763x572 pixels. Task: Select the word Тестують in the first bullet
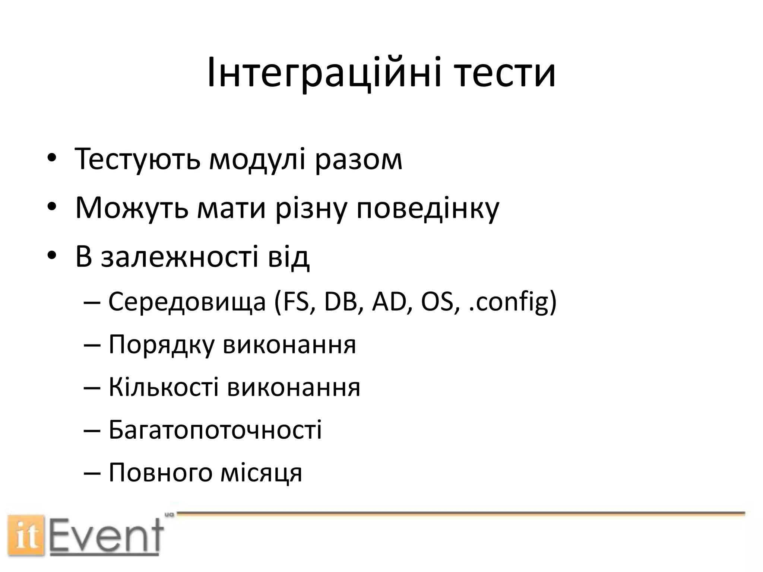(137, 159)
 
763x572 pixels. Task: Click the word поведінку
(428, 208)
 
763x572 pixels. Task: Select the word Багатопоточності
(215, 430)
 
